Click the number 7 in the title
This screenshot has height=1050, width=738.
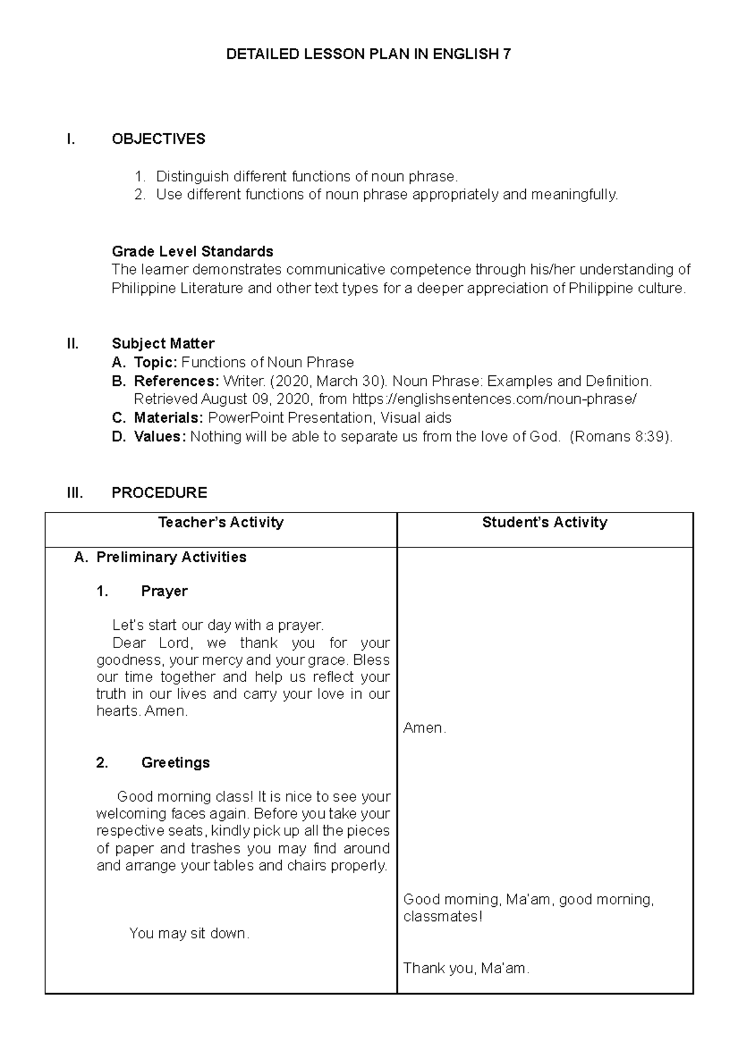(506, 54)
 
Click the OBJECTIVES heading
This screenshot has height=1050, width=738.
(158, 139)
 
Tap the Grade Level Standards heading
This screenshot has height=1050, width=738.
(192, 251)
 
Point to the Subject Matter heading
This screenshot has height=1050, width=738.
(162, 343)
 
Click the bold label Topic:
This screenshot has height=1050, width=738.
(156, 362)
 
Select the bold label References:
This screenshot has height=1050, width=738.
(176, 381)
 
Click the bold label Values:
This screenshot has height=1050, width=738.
(159, 437)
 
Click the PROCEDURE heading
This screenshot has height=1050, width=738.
(159, 493)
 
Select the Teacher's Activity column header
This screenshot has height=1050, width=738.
(221, 522)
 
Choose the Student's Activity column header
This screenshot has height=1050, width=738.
(544, 522)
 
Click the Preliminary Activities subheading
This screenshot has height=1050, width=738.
(171, 557)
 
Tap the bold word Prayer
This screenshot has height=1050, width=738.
(164, 591)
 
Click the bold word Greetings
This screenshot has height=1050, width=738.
(175, 762)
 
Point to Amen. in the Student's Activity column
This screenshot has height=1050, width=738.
(424, 728)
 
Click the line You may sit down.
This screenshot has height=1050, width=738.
(189, 933)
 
